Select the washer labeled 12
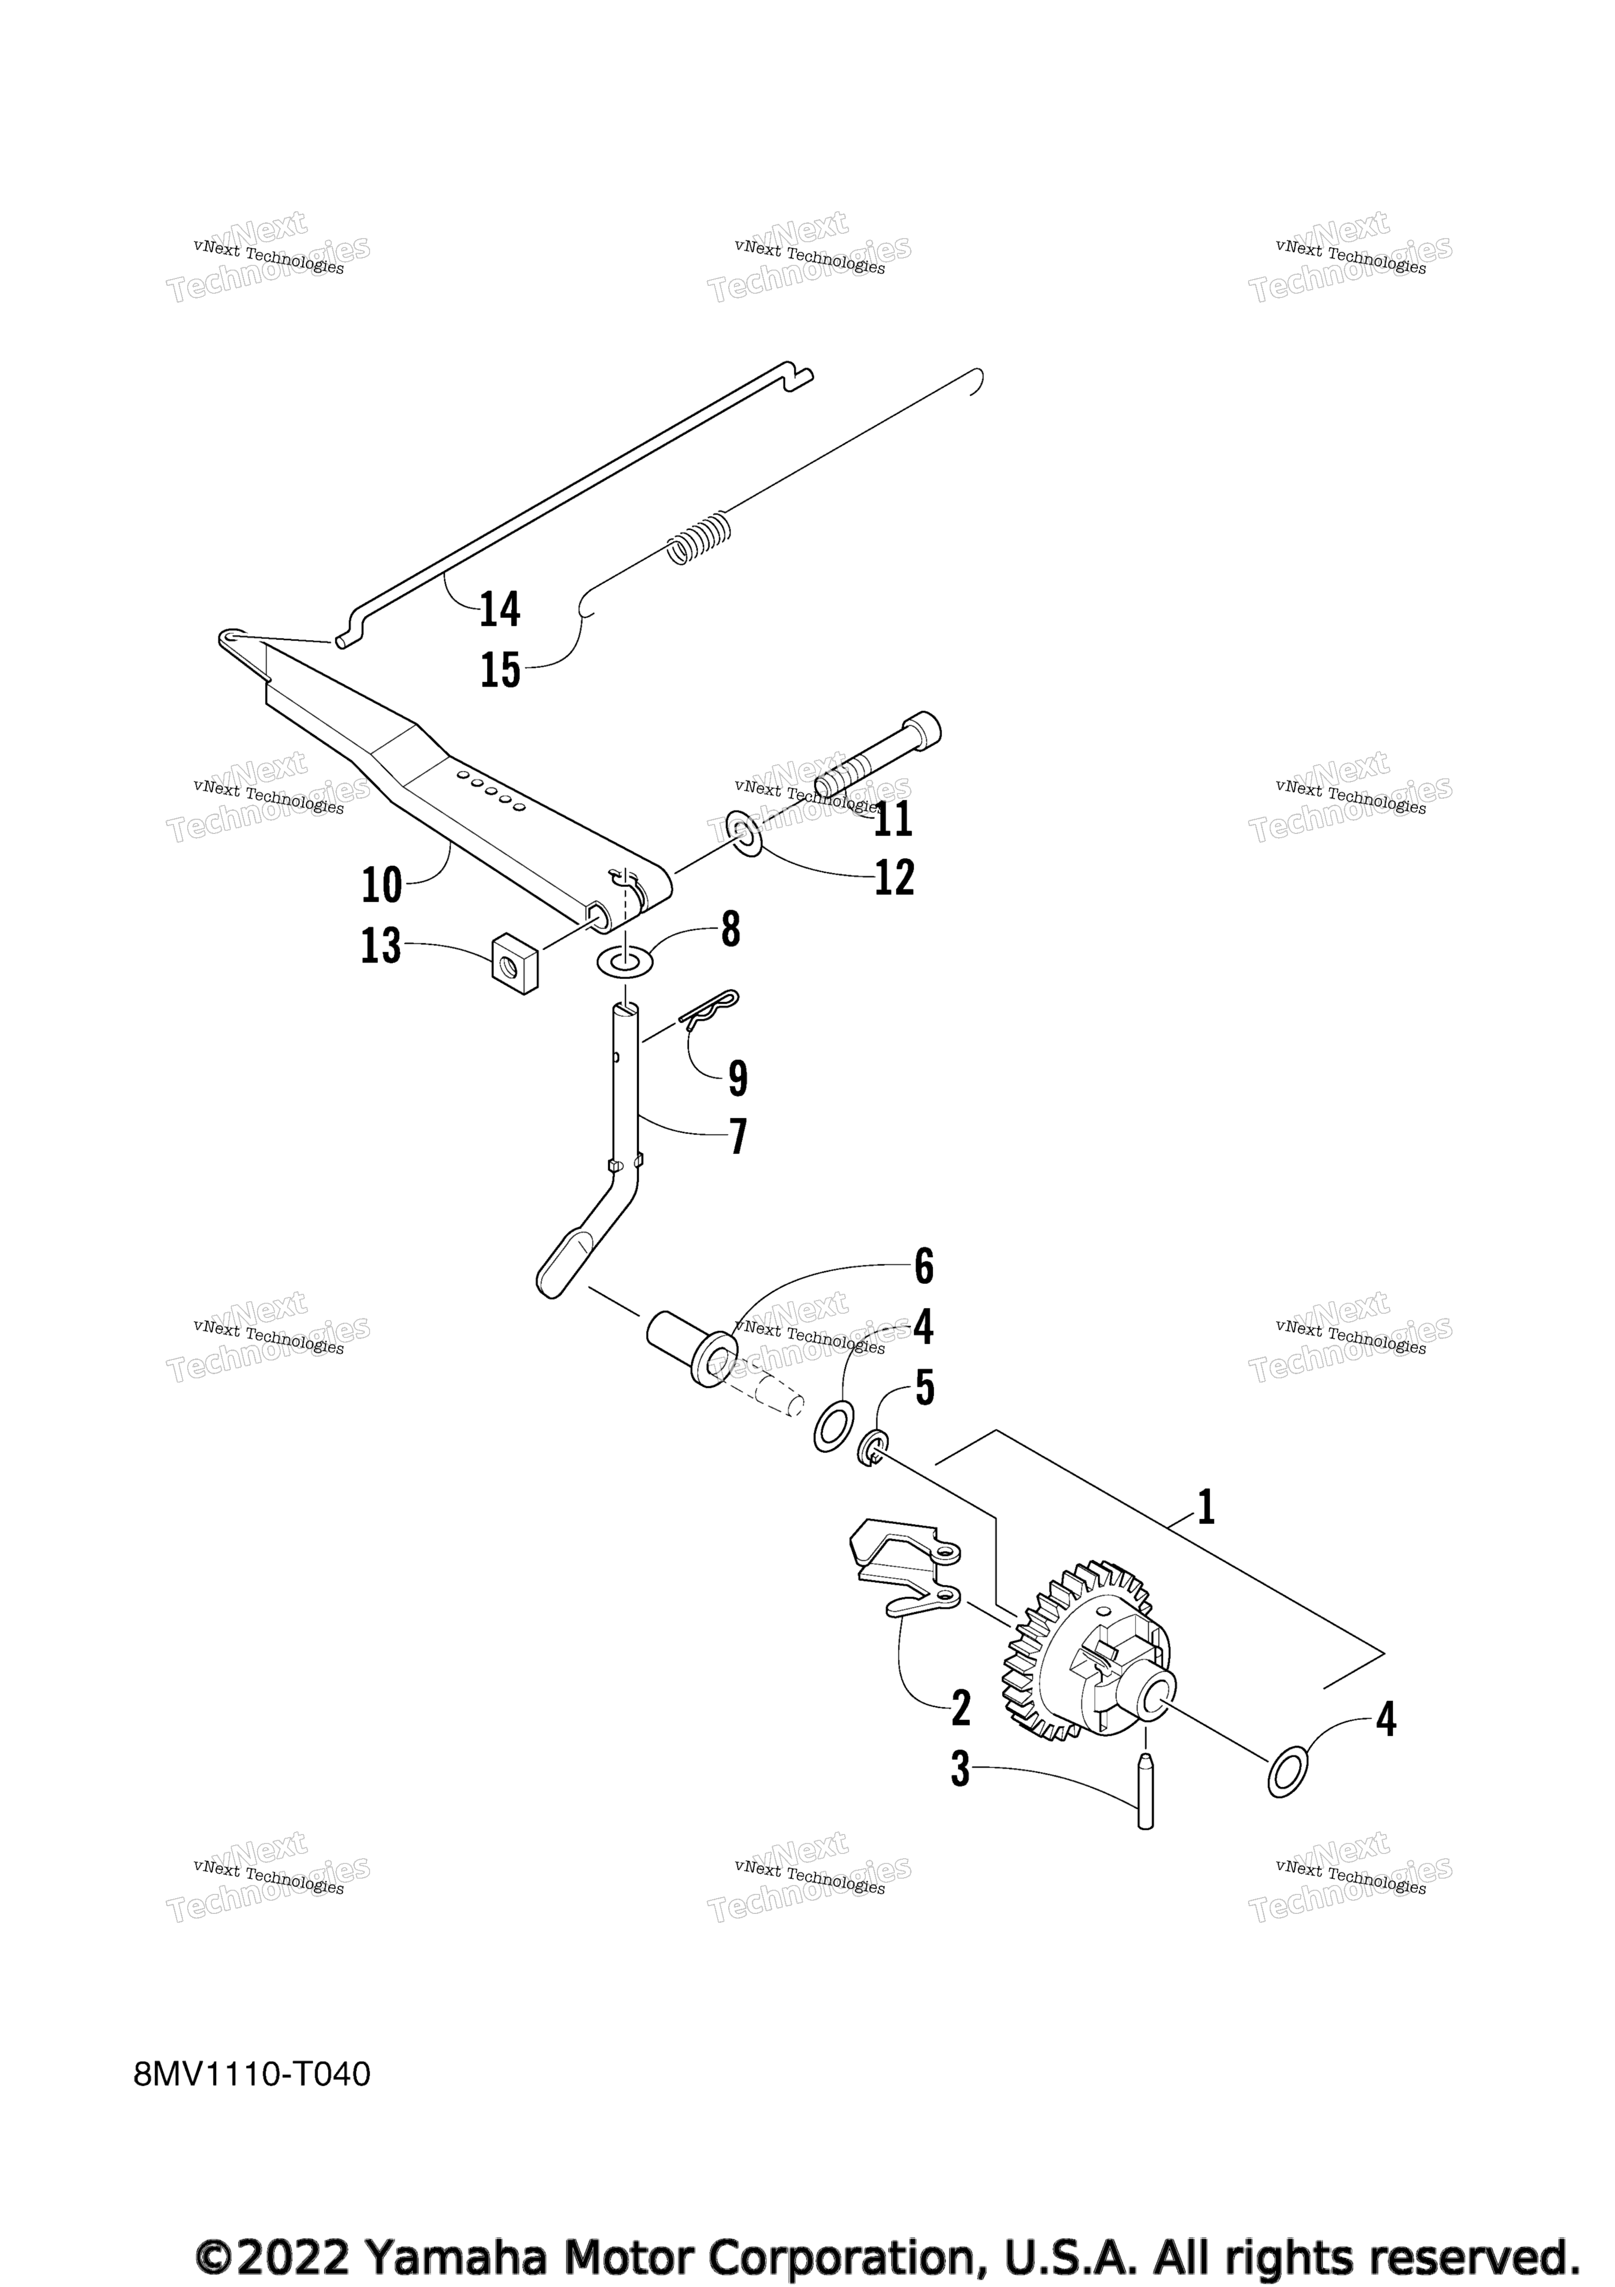click(x=743, y=834)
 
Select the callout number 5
click(x=926, y=1388)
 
